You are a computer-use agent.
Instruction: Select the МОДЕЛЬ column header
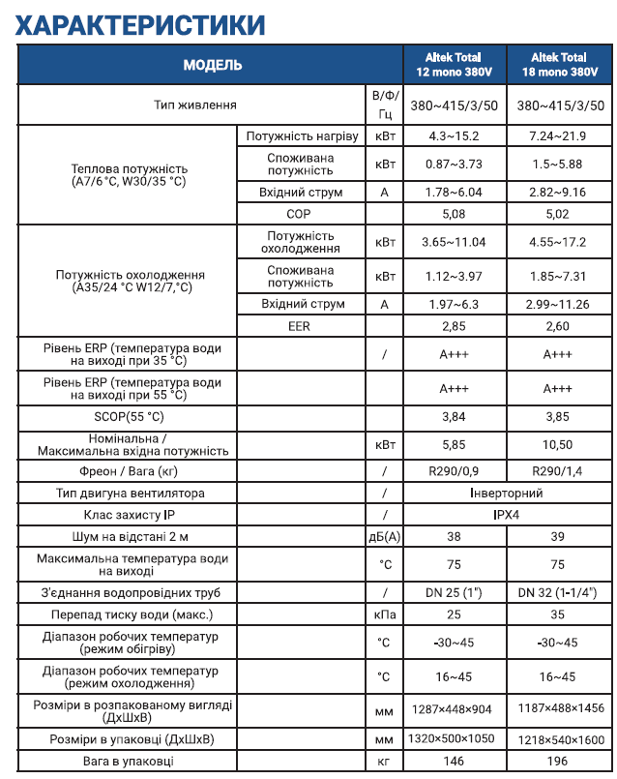[x=212, y=65]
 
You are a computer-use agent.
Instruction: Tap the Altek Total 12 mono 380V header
[x=454, y=65]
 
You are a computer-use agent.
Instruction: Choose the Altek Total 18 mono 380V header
[x=559, y=65]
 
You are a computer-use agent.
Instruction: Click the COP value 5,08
[x=454, y=215]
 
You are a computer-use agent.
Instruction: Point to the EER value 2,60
[x=558, y=327]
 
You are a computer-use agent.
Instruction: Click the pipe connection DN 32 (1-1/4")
[x=558, y=592]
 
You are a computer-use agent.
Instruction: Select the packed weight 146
[x=454, y=762]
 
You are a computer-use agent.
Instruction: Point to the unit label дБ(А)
[x=384, y=537]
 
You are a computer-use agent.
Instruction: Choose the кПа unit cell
[x=384, y=614]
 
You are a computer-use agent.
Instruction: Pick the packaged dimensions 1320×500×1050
[x=454, y=739]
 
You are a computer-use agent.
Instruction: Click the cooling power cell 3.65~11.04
[x=454, y=242]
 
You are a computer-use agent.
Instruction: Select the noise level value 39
[x=558, y=537]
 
